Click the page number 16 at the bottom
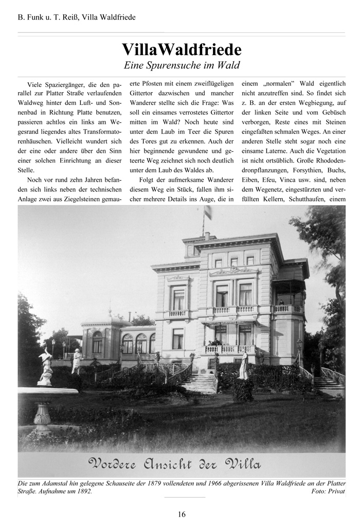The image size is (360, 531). (182, 514)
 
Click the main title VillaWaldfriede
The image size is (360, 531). (182, 50)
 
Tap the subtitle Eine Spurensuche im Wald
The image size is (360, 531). (182, 65)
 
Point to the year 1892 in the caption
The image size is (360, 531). (83, 491)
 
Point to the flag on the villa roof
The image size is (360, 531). (208, 212)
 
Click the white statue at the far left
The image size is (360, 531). (46, 366)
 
